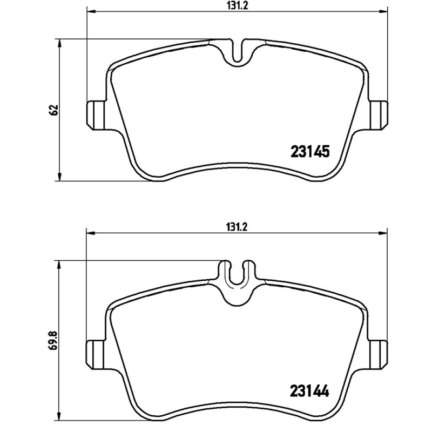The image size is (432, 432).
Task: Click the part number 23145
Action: coord(310,152)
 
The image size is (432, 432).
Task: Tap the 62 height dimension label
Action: coord(55,110)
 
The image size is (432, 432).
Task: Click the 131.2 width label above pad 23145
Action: coord(237,5)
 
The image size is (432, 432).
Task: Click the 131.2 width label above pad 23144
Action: coord(237,227)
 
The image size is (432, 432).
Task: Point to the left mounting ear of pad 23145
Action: coord(96,116)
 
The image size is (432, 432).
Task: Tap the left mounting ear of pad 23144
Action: coord(96,355)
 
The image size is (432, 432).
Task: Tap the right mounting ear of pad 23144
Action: coord(379,355)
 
